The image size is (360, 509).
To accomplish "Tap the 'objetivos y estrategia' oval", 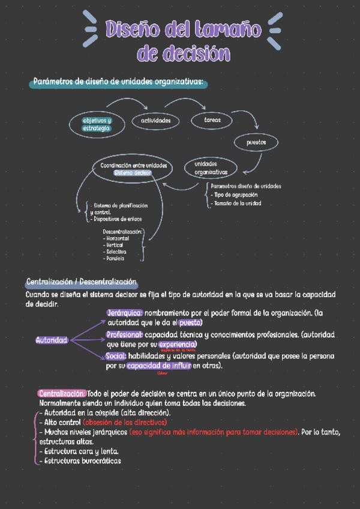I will [x=97, y=124].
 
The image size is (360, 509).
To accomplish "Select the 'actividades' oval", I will [x=156, y=121].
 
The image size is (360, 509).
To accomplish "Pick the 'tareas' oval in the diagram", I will [x=212, y=120].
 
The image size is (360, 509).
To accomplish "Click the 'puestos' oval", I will [x=256, y=142].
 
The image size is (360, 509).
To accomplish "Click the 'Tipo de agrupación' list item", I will [x=236, y=194].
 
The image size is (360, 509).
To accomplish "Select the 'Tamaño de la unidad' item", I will [x=238, y=203].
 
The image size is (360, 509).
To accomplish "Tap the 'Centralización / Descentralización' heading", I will [x=82, y=282].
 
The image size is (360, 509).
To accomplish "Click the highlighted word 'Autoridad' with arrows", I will [x=52, y=340].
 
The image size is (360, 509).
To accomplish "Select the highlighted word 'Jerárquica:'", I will [x=125, y=313].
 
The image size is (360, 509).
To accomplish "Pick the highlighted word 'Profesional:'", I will [x=124, y=334].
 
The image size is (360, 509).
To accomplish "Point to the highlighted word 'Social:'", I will [x=116, y=355].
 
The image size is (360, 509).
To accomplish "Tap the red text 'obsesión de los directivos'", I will [x=125, y=422].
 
